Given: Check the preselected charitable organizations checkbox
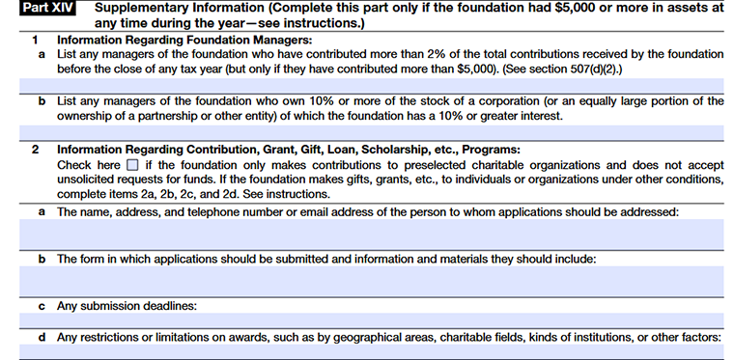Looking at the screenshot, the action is tap(133, 165).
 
